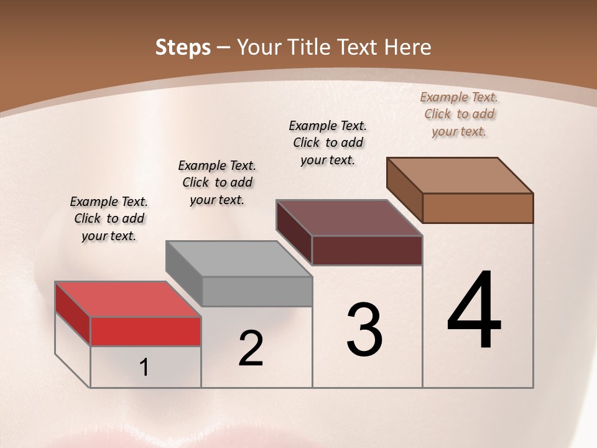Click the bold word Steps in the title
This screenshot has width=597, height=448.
183,47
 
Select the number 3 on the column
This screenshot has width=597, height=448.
364,329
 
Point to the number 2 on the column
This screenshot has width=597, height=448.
251,348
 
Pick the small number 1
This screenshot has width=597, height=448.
144,368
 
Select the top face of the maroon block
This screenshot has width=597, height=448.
349,218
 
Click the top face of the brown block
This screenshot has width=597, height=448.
460,175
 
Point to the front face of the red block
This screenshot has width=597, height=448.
146,332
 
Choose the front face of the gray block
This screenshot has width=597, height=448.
257,291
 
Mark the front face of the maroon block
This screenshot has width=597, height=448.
367,250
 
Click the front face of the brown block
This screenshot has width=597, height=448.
478,208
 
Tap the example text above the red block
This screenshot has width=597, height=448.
109,219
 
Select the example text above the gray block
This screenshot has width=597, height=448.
217,183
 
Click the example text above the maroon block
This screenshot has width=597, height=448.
328,142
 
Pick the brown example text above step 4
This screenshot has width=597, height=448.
459,114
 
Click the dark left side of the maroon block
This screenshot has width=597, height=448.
294,231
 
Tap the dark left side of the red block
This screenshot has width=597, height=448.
73,313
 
